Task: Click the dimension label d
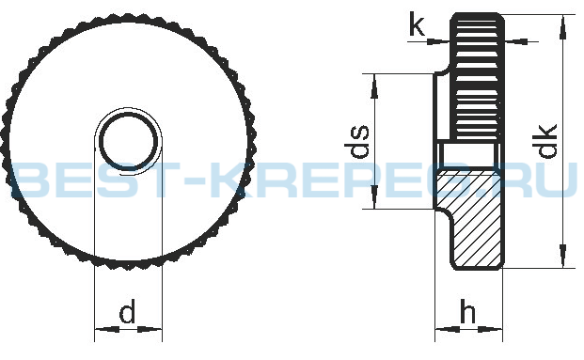pos(127,313)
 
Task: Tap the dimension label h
pos(467,311)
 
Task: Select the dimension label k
pos(418,23)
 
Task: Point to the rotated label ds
pos(356,141)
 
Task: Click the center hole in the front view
pos(129,140)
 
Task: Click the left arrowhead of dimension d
pos(107,329)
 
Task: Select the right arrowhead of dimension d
pos(150,329)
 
